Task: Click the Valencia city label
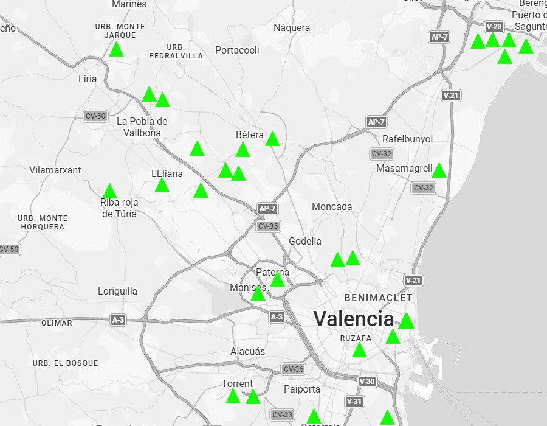point(354,318)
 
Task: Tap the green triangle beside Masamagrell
point(439,171)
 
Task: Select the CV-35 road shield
point(268,226)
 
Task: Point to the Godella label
point(305,241)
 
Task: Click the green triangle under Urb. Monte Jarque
point(117,50)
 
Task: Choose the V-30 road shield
point(368,382)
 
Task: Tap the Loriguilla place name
point(118,291)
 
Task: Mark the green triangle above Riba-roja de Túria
point(109,192)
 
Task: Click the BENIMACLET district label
point(378,298)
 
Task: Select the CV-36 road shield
point(293,369)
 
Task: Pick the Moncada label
point(332,206)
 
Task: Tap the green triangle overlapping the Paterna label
point(277,279)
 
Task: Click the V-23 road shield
point(494,26)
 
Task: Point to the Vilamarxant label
point(55,170)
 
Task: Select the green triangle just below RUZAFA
point(360,350)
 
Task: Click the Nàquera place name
point(292,27)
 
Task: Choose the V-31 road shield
point(354,402)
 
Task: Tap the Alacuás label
point(248,351)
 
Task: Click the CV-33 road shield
point(283,415)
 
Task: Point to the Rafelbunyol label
point(408,139)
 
